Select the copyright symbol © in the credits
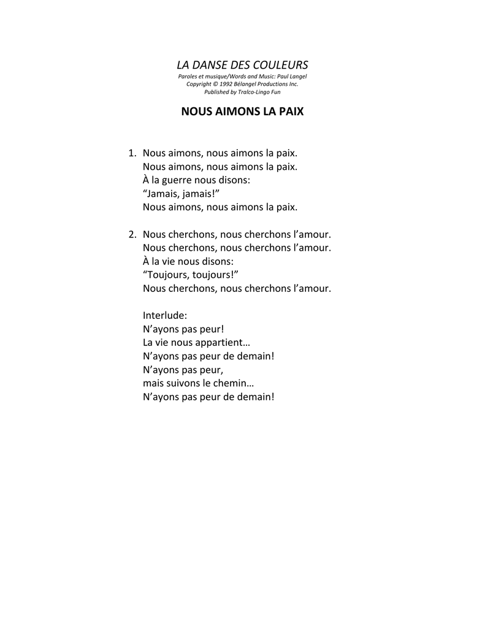click(216, 84)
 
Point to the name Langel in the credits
click(298, 76)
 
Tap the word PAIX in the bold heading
click(291, 113)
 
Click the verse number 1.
click(131, 153)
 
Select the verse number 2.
click(131, 234)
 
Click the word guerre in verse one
click(177, 180)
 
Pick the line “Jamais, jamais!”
click(181, 194)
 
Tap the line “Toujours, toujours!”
click(190, 275)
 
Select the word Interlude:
click(165, 315)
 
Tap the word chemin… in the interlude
click(232, 383)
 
